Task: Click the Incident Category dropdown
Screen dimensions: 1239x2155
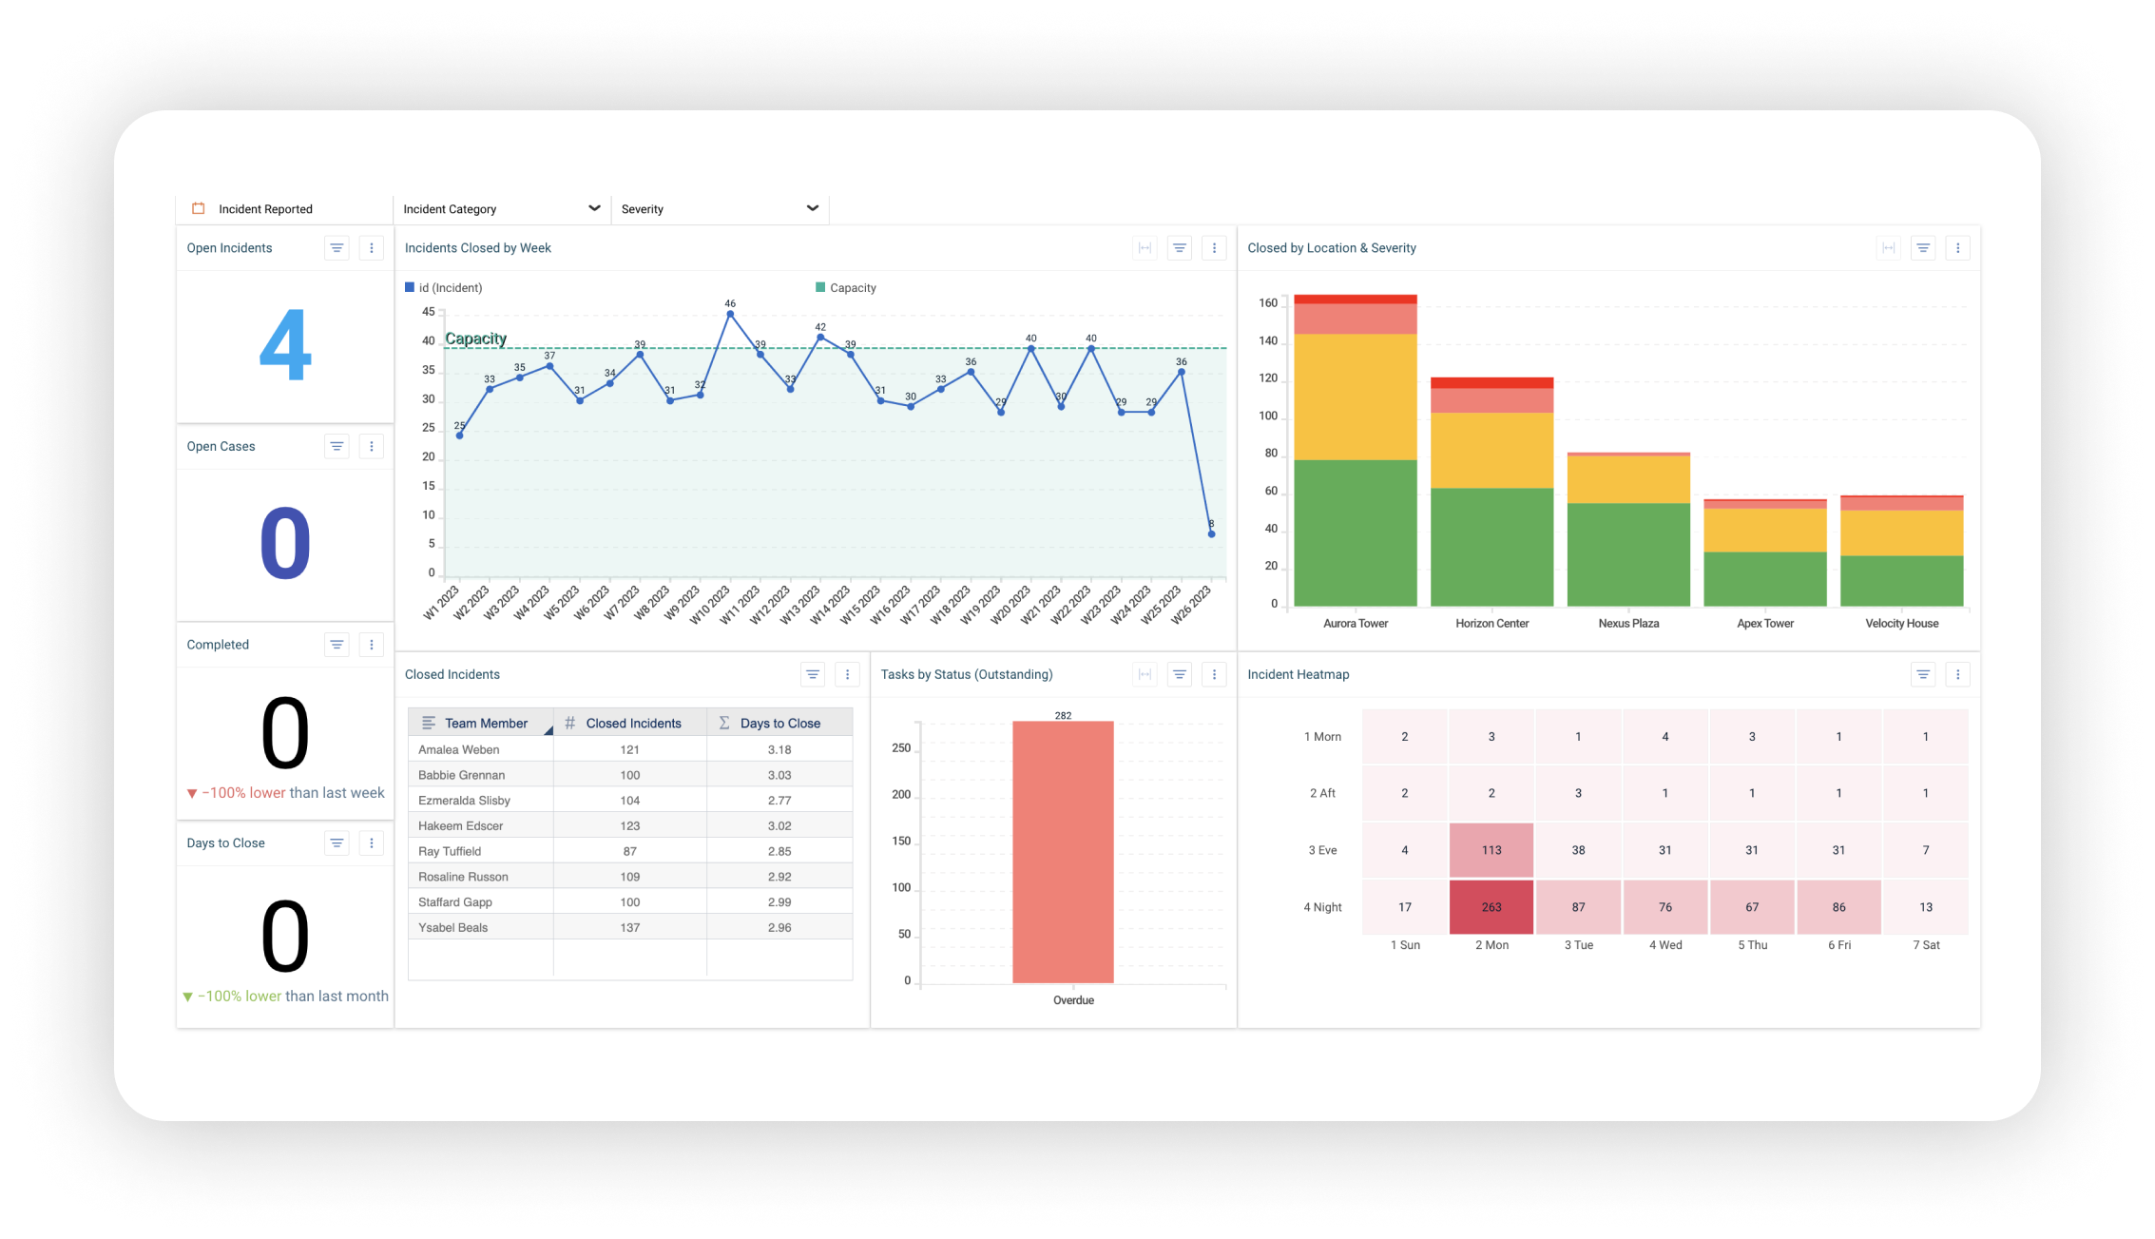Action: click(501, 209)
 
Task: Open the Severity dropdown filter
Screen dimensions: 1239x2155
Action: click(719, 209)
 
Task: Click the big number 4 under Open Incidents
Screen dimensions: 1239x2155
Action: click(285, 345)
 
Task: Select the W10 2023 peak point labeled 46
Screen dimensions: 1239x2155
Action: click(730, 314)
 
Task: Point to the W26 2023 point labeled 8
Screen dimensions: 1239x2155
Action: click(1211, 534)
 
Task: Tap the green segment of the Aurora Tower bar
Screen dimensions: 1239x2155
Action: click(1355, 532)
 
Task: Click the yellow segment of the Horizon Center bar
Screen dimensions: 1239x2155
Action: click(1491, 450)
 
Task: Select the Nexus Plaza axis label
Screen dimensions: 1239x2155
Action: click(1628, 624)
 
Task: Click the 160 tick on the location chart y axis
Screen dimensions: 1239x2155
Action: click(1268, 303)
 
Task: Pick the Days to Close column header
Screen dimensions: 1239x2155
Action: click(779, 724)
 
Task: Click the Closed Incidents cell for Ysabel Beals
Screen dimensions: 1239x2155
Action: click(629, 928)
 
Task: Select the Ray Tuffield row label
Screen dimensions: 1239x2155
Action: click(450, 852)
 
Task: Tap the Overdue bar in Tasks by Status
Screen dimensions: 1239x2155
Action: click(1063, 851)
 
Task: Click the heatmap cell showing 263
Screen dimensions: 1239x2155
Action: click(1491, 907)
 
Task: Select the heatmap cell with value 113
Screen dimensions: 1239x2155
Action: click(1491, 850)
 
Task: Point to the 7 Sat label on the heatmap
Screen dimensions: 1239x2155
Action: click(1926, 945)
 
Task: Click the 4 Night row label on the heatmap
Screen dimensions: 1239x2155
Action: click(1322, 907)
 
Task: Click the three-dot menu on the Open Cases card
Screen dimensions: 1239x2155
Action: click(372, 447)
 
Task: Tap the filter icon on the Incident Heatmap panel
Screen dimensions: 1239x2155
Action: click(1922, 675)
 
